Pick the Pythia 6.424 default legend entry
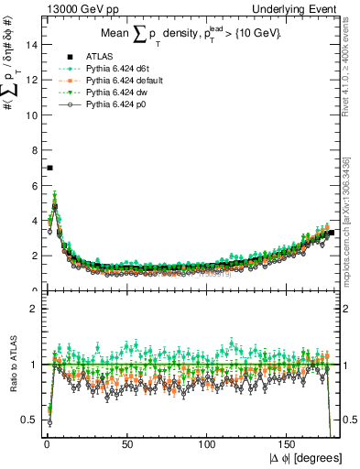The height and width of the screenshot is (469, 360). click(x=107, y=82)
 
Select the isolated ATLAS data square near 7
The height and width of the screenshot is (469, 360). click(x=49, y=168)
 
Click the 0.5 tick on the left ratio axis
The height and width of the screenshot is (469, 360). click(x=31, y=420)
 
